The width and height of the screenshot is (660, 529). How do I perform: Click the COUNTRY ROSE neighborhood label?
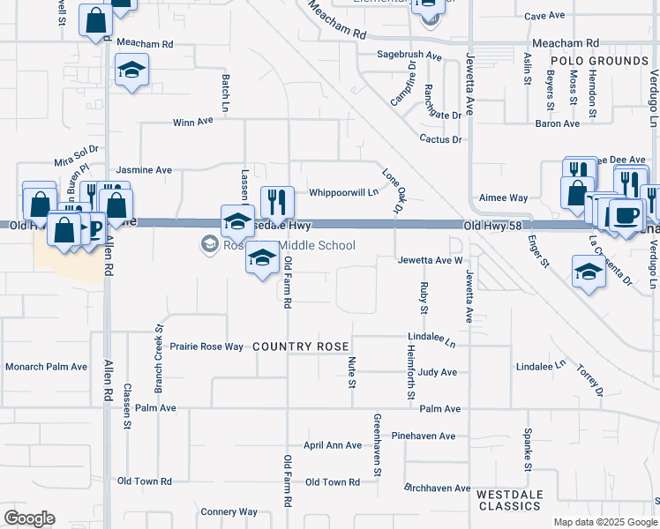click(301, 346)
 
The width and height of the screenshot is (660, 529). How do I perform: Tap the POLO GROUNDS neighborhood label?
click(599, 61)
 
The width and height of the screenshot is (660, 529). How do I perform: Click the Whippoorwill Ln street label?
click(343, 192)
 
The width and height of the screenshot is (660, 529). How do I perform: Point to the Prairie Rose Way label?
click(206, 346)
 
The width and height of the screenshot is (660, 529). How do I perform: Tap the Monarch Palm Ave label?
click(47, 367)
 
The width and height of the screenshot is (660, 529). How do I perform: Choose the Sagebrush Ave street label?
click(409, 55)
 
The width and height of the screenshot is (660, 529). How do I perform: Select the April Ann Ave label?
click(333, 445)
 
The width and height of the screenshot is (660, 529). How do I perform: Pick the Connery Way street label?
click(229, 511)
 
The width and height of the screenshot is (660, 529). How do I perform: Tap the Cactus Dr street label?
click(441, 139)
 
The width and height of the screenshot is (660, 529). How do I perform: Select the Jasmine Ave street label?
click(144, 169)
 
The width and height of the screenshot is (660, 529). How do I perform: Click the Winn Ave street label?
click(193, 123)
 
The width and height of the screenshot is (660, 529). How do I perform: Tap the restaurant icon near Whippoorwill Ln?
click(277, 202)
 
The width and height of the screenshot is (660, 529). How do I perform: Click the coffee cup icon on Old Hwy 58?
click(626, 215)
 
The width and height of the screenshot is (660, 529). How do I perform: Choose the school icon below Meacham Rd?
click(131, 71)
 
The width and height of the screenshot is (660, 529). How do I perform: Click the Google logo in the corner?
click(29, 518)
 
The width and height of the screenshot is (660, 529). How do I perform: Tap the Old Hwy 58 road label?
click(490, 227)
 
